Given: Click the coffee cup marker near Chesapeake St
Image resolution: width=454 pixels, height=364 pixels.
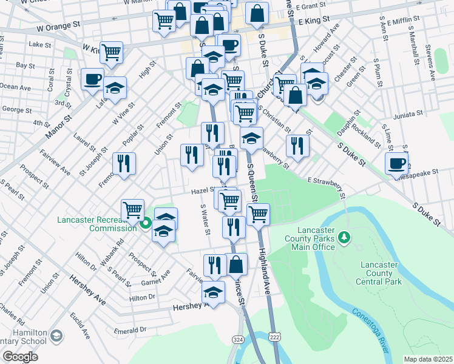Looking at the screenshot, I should click(x=396, y=163).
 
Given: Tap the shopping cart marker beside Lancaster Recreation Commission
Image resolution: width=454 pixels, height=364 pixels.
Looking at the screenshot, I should click(x=132, y=210).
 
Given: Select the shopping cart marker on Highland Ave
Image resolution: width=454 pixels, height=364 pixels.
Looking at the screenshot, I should click(x=259, y=214).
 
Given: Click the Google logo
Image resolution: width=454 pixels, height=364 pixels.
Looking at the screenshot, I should click(x=20, y=357).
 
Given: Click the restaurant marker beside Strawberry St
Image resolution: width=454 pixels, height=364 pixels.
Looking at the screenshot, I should click(x=297, y=146).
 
